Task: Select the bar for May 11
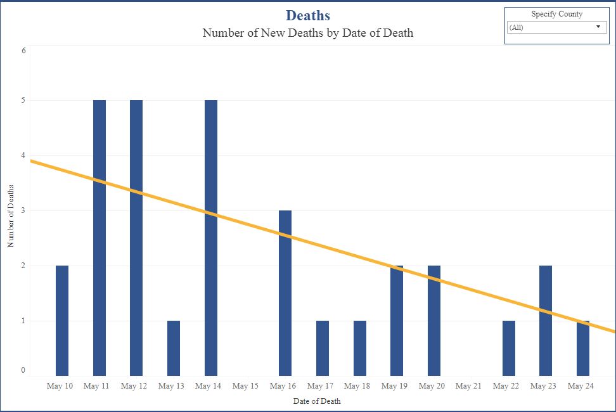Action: pyautogui.click(x=99, y=238)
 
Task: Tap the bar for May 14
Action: pyautogui.click(x=210, y=238)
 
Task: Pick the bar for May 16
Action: pyautogui.click(x=285, y=293)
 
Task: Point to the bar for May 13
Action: pyautogui.click(x=174, y=348)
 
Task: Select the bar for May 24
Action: pyautogui.click(x=583, y=348)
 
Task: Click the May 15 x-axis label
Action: pyautogui.click(x=245, y=386)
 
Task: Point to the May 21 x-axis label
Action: pyautogui.click(x=468, y=386)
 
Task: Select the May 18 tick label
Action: pyautogui.click(x=357, y=386)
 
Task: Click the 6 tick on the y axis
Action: pyautogui.click(x=23, y=50)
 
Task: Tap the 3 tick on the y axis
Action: pyautogui.click(x=23, y=210)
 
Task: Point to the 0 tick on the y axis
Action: pyautogui.click(x=23, y=370)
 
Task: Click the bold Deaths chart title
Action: pyautogui.click(x=307, y=15)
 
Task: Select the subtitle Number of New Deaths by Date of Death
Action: pyautogui.click(x=307, y=33)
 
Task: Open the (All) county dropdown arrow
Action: pyautogui.click(x=598, y=27)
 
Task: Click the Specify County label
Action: pyautogui.click(x=556, y=14)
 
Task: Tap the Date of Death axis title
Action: pyautogui.click(x=317, y=401)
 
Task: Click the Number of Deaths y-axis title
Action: pyautogui.click(x=11, y=216)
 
